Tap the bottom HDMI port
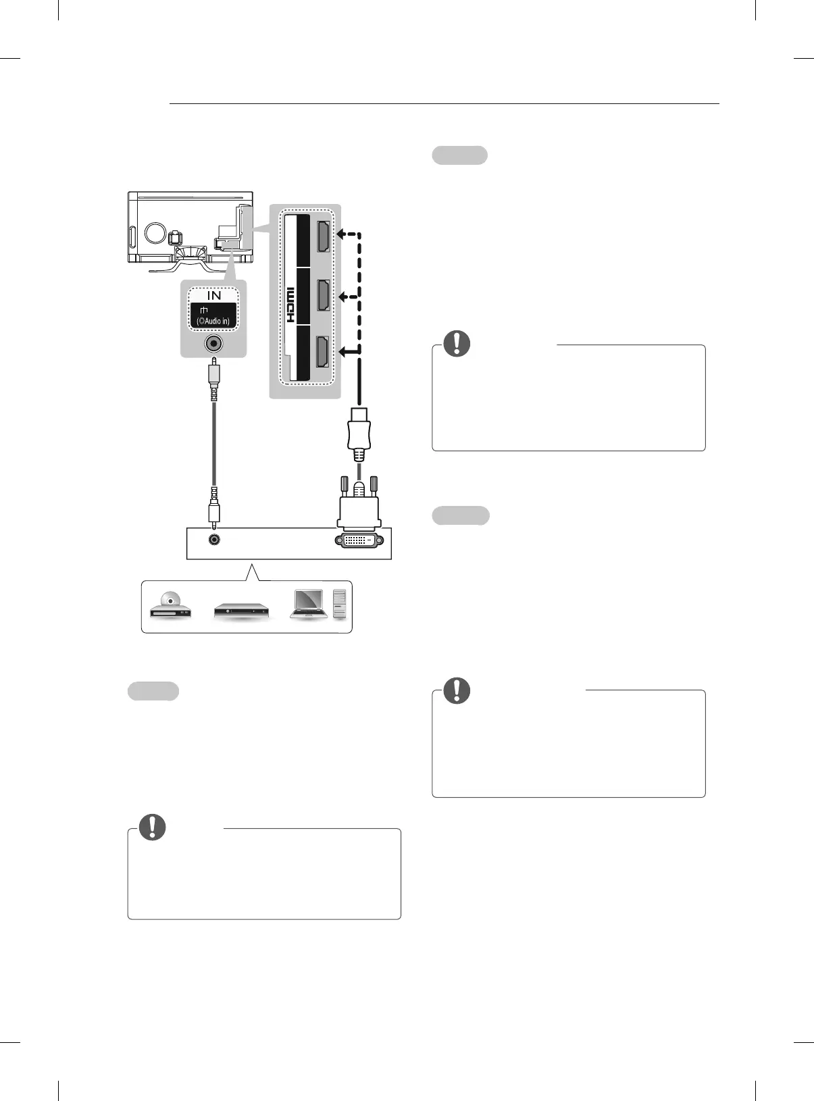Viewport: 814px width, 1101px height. pos(323,352)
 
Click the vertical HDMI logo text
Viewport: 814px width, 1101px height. pos(291,304)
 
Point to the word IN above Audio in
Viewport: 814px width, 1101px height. pos(214,295)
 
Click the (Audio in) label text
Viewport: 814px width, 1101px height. pos(213,321)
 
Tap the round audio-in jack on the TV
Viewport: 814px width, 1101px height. pos(214,344)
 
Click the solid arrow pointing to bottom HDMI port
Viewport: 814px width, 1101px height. pos(347,351)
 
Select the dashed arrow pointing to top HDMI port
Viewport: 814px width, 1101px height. pos(347,234)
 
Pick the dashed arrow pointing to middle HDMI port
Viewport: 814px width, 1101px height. pos(347,297)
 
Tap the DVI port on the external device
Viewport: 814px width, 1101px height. pos(359,540)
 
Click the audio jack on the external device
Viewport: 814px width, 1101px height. pos(214,540)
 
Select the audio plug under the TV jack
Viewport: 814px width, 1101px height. pos(214,378)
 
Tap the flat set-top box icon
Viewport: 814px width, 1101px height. pos(241,612)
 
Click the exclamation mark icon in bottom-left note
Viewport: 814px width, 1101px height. pos(153,827)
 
